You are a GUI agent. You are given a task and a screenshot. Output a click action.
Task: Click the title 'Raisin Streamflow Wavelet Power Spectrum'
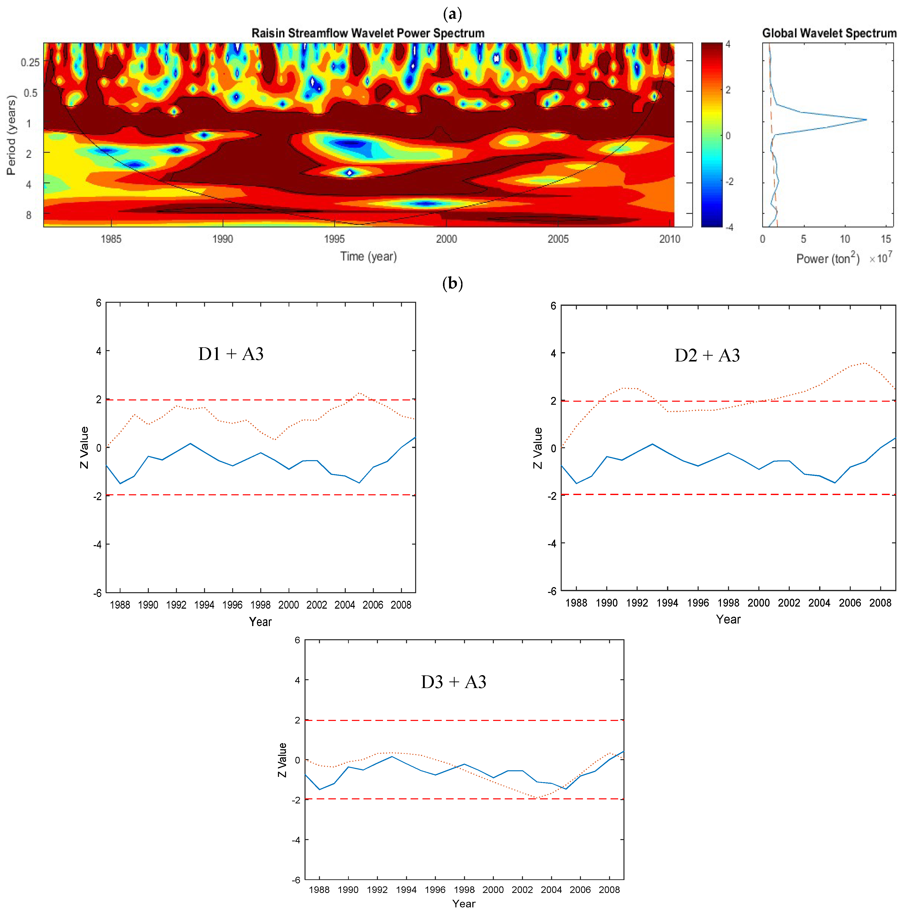click(x=368, y=33)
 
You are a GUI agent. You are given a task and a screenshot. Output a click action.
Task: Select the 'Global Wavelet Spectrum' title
click(x=829, y=33)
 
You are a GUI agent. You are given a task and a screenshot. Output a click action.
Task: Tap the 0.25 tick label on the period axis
click(x=30, y=62)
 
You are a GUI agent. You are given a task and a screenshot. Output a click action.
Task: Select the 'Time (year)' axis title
click(x=368, y=257)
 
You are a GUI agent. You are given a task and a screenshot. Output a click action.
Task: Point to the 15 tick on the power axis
click(x=886, y=239)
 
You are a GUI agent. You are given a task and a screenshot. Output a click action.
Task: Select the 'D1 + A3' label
click(x=231, y=354)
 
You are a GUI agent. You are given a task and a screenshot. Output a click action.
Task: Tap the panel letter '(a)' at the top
click(x=452, y=14)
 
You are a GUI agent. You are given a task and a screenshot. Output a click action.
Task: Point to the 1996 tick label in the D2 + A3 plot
click(x=698, y=603)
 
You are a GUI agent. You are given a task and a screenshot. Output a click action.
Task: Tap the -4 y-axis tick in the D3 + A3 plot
click(x=296, y=840)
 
